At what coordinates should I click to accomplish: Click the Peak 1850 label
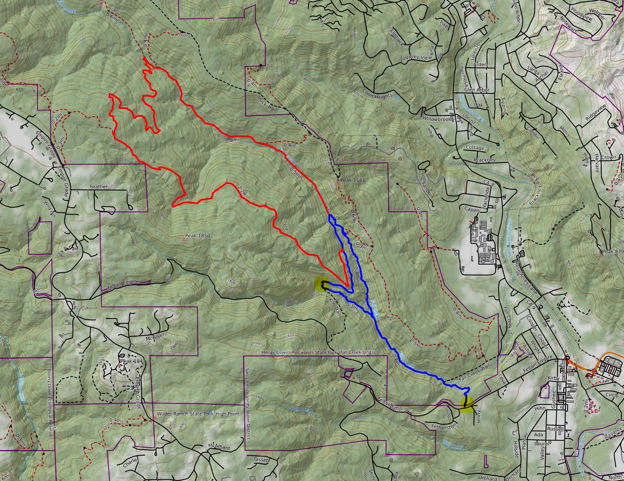197,236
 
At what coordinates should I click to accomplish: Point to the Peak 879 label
613,251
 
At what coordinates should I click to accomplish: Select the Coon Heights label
378,96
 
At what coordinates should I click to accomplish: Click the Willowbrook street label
437,118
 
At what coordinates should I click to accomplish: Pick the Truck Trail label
267,104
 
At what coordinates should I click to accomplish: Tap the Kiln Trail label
335,307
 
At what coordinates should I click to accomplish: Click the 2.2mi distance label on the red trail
243,191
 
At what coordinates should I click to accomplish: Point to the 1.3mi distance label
415,343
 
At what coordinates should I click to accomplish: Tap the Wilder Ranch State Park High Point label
198,413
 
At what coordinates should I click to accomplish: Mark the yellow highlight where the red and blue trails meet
321,284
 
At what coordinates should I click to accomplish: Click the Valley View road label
418,57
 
